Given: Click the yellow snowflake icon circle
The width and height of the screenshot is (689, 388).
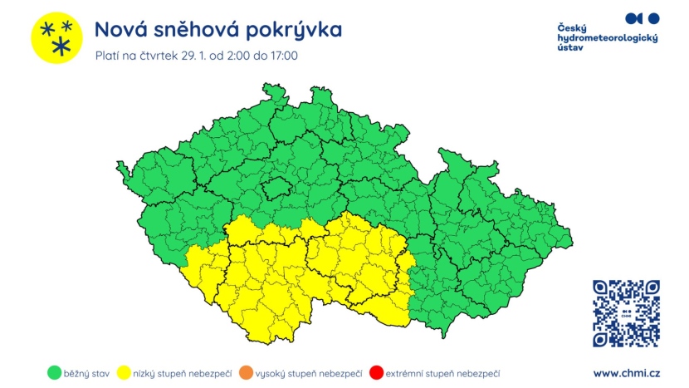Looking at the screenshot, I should tap(56, 38).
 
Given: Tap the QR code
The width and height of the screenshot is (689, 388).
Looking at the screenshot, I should tap(627, 313).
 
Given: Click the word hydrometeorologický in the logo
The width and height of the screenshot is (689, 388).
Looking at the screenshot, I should tap(607, 38).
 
